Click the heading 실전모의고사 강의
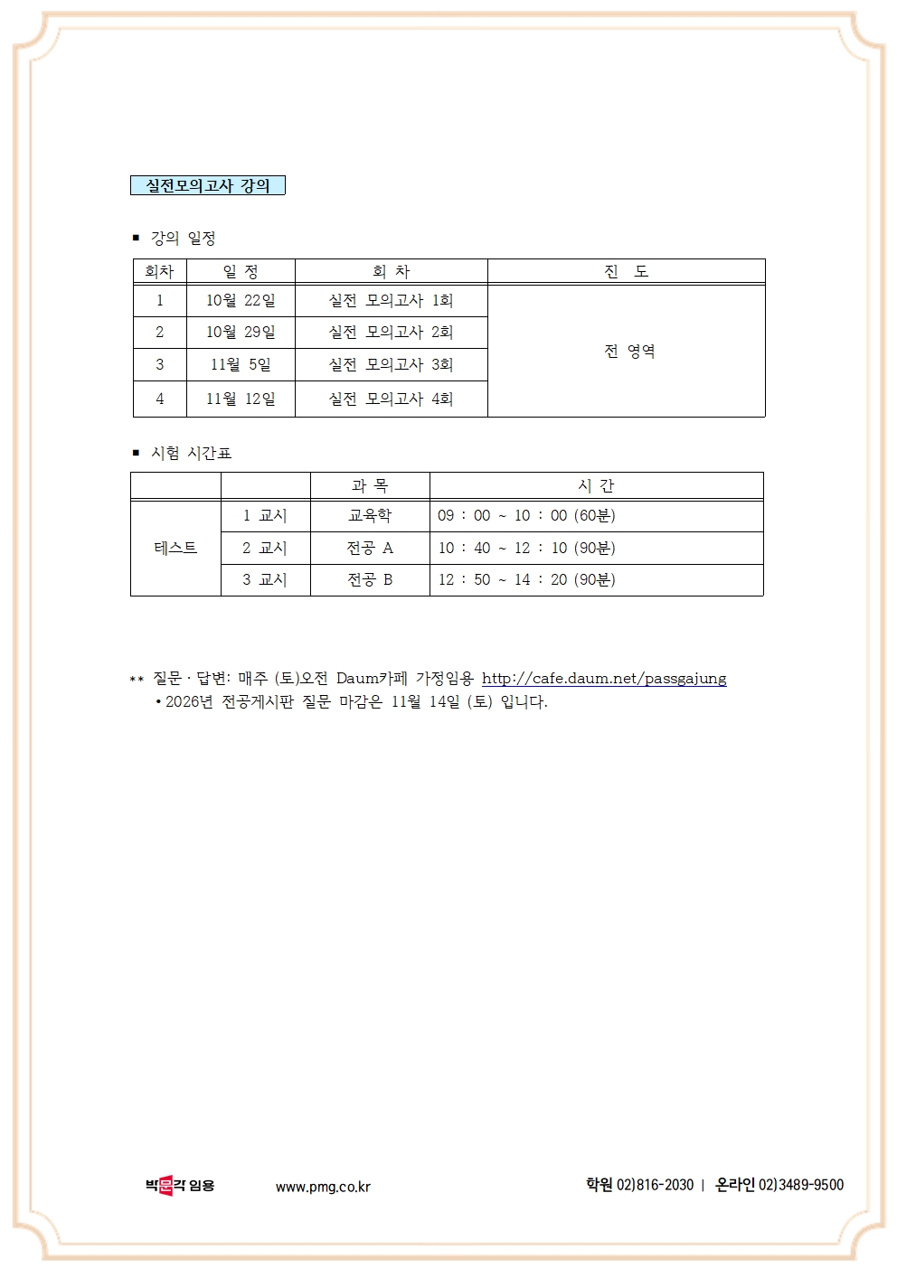tap(208, 185)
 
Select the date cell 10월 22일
tap(241, 300)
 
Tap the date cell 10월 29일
tap(241, 332)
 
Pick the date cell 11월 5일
tap(241, 364)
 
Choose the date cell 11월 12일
tap(241, 399)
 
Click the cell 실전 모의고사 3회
tap(391, 364)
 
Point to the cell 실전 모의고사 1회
tap(391, 300)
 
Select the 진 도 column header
tap(626, 271)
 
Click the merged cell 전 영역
tap(629, 351)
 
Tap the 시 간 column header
tap(596, 485)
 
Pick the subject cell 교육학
tap(370, 515)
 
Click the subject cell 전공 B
tap(370, 579)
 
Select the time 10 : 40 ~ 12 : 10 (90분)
tap(526, 548)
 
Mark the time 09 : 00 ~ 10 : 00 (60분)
tap(526, 515)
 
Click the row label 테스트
tap(175, 548)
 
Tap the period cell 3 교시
tap(265, 579)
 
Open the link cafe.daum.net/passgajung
tap(604, 678)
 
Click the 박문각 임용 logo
tap(179, 1185)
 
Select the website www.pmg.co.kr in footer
tap(323, 1187)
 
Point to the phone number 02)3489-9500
tap(800, 1184)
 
